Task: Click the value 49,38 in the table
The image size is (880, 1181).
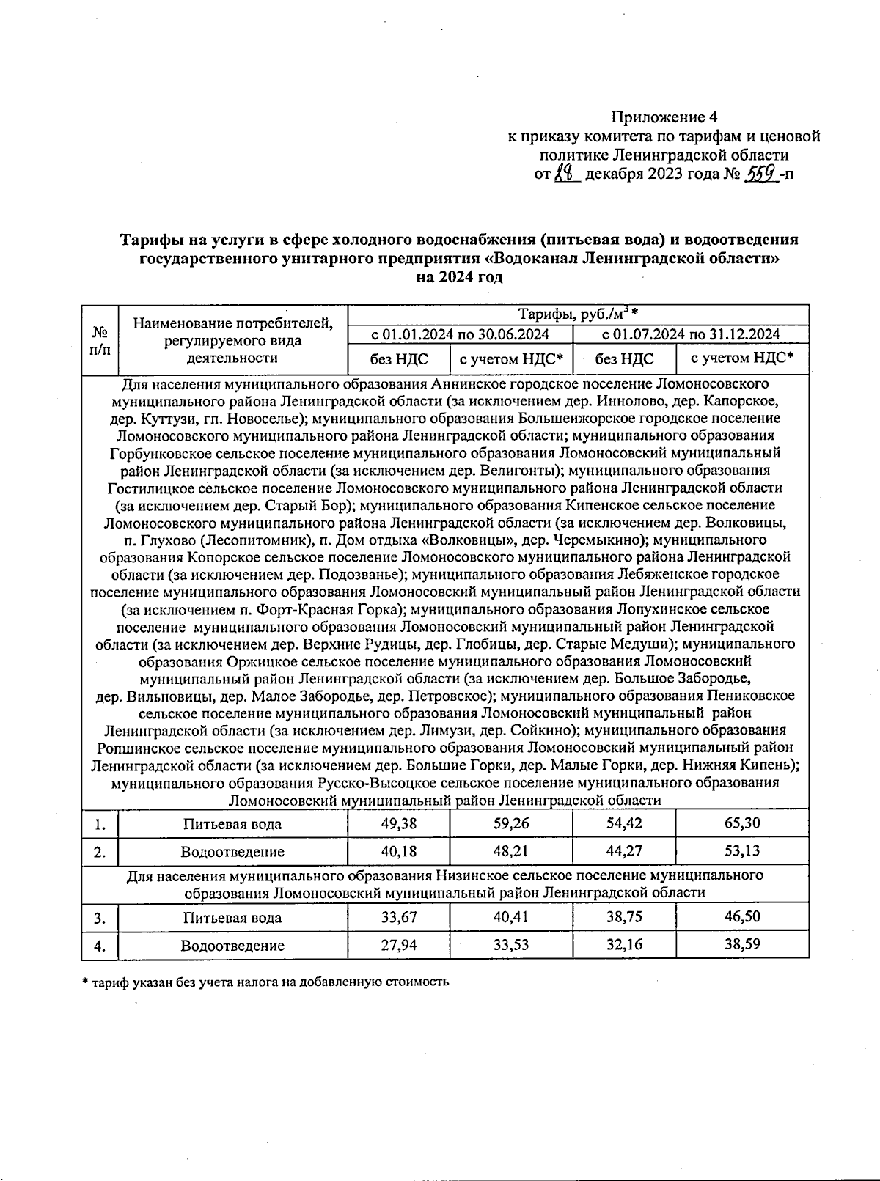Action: tap(399, 823)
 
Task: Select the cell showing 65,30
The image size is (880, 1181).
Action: tap(742, 823)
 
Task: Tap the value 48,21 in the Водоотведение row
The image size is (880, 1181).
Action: tap(510, 851)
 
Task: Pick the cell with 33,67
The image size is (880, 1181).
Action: tap(399, 917)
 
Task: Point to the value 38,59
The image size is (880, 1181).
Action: tap(742, 945)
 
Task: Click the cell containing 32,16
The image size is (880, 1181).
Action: tap(624, 945)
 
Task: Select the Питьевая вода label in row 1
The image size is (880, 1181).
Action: tap(232, 824)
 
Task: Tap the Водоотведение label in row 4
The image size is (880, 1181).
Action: tap(232, 946)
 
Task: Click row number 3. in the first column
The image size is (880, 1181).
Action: tap(100, 918)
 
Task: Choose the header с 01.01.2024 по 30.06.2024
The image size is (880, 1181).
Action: tap(460, 335)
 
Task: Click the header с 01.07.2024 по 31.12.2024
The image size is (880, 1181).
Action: tap(690, 335)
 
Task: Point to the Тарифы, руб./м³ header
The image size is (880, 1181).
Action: tap(577, 315)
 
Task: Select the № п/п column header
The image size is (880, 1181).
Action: tap(100, 341)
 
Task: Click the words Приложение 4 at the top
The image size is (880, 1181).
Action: tap(664, 117)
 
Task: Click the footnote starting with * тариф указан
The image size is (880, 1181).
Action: tap(265, 982)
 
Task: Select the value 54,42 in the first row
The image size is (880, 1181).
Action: tap(624, 823)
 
